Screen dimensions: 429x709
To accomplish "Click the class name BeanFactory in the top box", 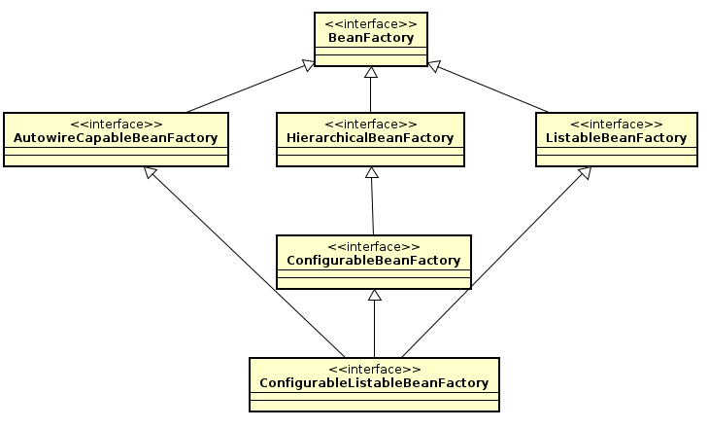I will [x=370, y=38].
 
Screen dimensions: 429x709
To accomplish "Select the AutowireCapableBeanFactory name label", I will [x=116, y=138].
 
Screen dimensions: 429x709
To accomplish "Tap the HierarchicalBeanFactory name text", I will [x=370, y=138].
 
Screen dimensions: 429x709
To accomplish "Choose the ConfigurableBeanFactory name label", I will [x=374, y=261].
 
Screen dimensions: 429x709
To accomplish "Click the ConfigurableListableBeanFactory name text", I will [x=374, y=383].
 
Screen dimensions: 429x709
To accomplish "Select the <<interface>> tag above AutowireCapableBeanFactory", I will [x=116, y=125].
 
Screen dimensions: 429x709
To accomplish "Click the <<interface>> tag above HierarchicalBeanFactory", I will [x=370, y=125].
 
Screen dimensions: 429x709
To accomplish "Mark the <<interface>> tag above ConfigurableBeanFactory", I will [x=374, y=247].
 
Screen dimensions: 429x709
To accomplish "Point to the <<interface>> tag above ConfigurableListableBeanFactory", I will [x=374, y=370].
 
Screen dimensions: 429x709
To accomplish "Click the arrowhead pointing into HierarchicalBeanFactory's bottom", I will [x=370, y=173].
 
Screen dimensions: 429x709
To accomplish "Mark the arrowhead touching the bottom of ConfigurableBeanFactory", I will [x=374, y=296].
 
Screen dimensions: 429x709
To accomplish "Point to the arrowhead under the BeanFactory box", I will [x=370, y=73].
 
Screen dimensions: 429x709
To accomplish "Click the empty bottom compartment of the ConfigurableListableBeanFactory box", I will [x=374, y=405].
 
